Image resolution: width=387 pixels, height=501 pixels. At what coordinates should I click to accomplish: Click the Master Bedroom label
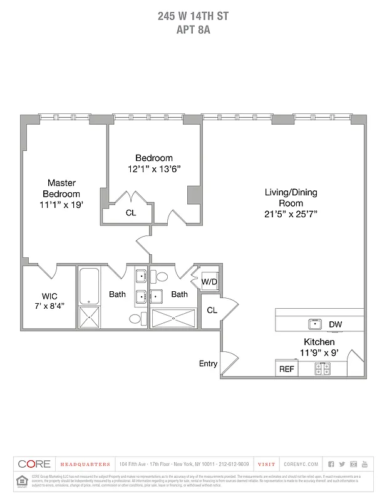[x=61, y=189]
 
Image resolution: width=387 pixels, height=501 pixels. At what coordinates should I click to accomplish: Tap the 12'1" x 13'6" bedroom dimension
[x=154, y=168]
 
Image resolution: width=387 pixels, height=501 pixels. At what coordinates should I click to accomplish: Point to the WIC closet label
[x=49, y=296]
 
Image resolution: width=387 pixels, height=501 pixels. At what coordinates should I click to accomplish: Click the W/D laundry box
[x=209, y=282]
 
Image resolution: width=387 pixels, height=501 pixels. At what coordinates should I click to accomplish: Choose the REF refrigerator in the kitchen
[x=286, y=369]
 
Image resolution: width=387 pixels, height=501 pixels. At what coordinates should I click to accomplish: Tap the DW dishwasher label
[x=335, y=324]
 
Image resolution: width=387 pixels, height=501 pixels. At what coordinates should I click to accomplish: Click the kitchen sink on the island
[x=314, y=324]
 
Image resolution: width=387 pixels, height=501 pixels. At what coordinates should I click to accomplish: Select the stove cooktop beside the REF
[x=322, y=369]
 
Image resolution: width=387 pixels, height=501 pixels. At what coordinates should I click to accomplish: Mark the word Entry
[x=208, y=363]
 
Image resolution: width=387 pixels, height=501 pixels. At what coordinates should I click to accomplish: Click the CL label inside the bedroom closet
[x=130, y=213]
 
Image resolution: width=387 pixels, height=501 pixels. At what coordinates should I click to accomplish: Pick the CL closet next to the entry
[x=212, y=310]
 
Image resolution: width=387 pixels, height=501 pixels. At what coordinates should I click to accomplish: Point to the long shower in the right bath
[x=173, y=318]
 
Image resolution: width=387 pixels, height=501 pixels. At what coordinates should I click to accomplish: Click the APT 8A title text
[x=193, y=28]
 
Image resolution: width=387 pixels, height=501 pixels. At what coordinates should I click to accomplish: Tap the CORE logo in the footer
[x=34, y=464]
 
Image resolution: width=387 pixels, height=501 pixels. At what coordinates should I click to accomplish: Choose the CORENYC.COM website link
[x=301, y=464]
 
